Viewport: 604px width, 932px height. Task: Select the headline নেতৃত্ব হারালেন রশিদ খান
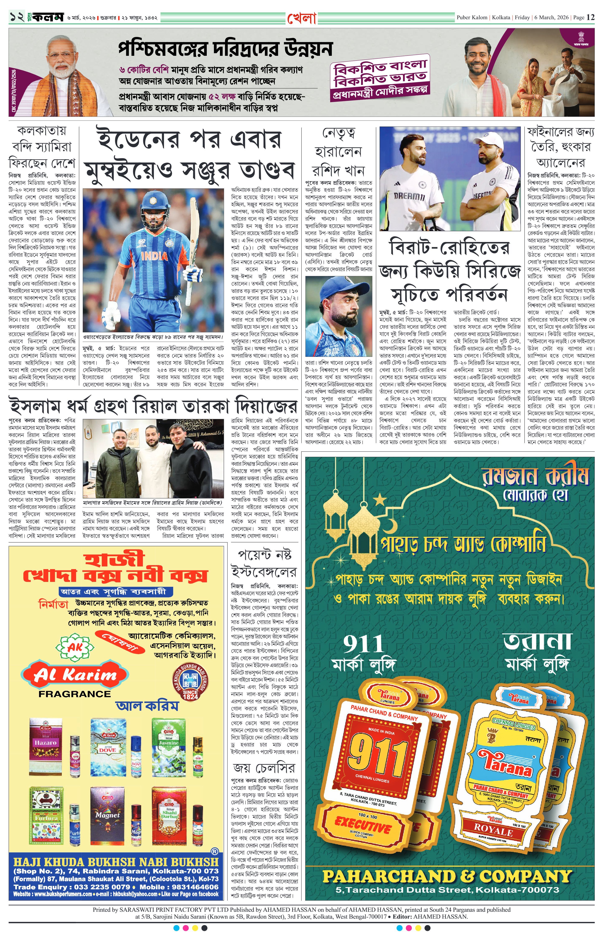338,152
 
